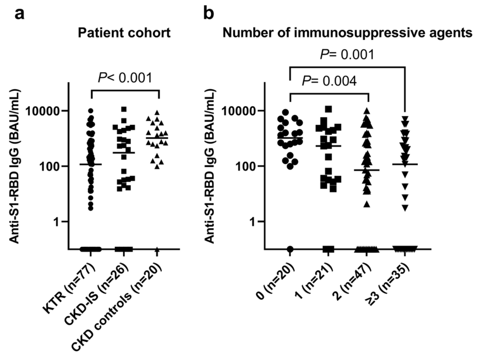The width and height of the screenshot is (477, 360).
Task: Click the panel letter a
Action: click(x=19, y=13)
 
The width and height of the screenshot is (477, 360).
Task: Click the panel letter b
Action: click(x=209, y=13)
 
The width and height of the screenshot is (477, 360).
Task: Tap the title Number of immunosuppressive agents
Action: click(x=347, y=33)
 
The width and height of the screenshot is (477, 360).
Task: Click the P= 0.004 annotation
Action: click(x=329, y=81)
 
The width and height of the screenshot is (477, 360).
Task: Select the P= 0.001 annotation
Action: click(x=347, y=55)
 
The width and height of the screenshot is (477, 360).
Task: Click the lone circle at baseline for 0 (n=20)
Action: click(x=290, y=249)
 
